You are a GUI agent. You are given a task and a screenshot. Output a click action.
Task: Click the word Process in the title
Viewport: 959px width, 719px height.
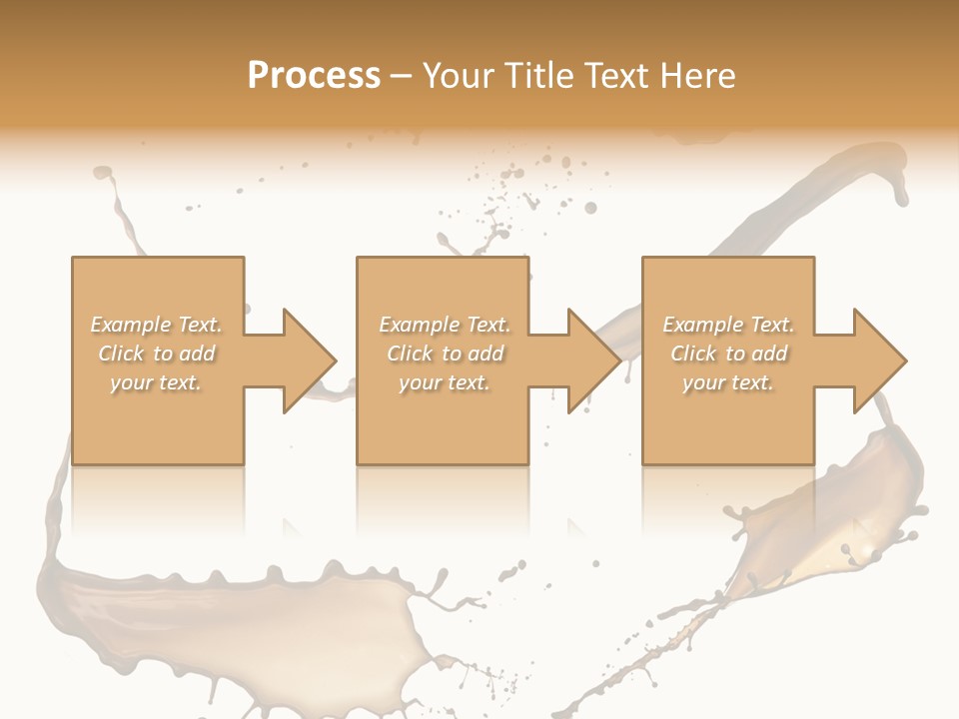(314, 76)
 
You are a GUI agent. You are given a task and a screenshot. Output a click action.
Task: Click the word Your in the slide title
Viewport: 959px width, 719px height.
(459, 76)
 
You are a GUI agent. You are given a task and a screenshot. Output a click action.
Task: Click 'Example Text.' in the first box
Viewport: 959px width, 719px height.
(157, 325)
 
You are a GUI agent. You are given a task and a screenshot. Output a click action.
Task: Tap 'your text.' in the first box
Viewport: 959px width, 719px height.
(157, 382)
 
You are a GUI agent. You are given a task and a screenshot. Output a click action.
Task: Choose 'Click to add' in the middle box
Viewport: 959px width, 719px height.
(445, 354)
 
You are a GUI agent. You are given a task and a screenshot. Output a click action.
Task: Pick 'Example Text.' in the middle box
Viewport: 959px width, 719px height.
(445, 325)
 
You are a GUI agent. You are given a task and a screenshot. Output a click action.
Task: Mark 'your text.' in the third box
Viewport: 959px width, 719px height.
(728, 382)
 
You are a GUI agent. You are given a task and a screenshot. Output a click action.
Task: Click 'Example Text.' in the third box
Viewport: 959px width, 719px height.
(728, 325)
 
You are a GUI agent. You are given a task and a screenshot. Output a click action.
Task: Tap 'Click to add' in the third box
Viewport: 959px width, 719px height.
(728, 354)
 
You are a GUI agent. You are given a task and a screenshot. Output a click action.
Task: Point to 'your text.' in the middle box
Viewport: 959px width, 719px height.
(445, 382)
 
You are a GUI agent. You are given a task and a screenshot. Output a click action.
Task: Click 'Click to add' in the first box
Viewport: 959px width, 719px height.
(157, 354)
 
